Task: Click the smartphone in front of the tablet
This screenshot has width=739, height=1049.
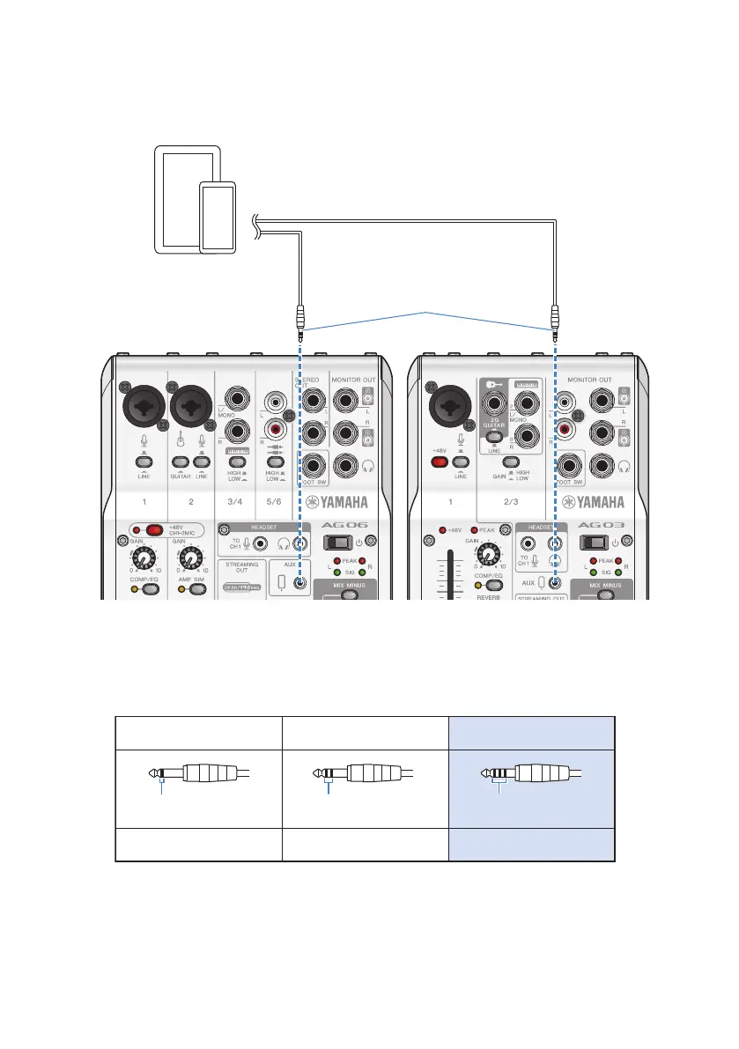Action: [x=217, y=218]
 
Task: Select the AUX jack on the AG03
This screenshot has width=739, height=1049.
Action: [x=555, y=582]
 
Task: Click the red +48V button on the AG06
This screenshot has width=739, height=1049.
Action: [x=156, y=529]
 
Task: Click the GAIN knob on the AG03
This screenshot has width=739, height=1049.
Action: [x=485, y=553]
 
